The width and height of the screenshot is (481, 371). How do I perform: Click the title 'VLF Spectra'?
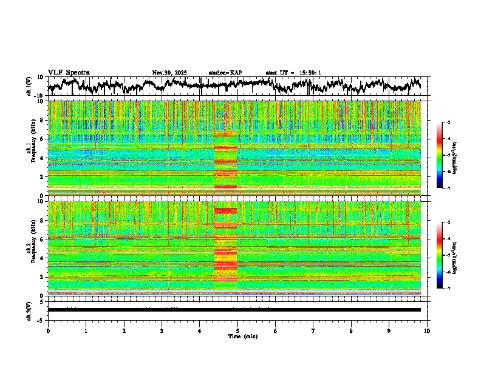pyautogui.click(x=69, y=73)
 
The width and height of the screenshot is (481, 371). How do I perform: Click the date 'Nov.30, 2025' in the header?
pyautogui.click(x=169, y=73)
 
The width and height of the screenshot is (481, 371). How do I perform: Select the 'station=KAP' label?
pyautogui.click(x=225, y=73)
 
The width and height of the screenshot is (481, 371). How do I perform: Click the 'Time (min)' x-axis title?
pyautogui.click(x=242, y=336)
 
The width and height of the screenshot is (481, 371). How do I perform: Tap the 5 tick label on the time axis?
pyautogui.click(x=237, y=331)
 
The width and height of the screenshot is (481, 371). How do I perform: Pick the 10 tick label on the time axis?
pyautogui.click(x=427, y=331)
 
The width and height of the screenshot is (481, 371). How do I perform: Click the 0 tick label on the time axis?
pyautogui.click(x=48, y=331)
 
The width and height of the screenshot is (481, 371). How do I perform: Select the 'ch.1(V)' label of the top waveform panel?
pyautogui.click(x=29, y=86)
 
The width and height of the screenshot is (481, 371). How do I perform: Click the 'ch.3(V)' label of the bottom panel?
pyautogui.click(x=29, y=310)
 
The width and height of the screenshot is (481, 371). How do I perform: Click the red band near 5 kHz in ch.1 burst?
pyautogui.click(x=225, y=147)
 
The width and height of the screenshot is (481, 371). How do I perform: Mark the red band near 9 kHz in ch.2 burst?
pyautogui.click(x=225, y=210)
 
